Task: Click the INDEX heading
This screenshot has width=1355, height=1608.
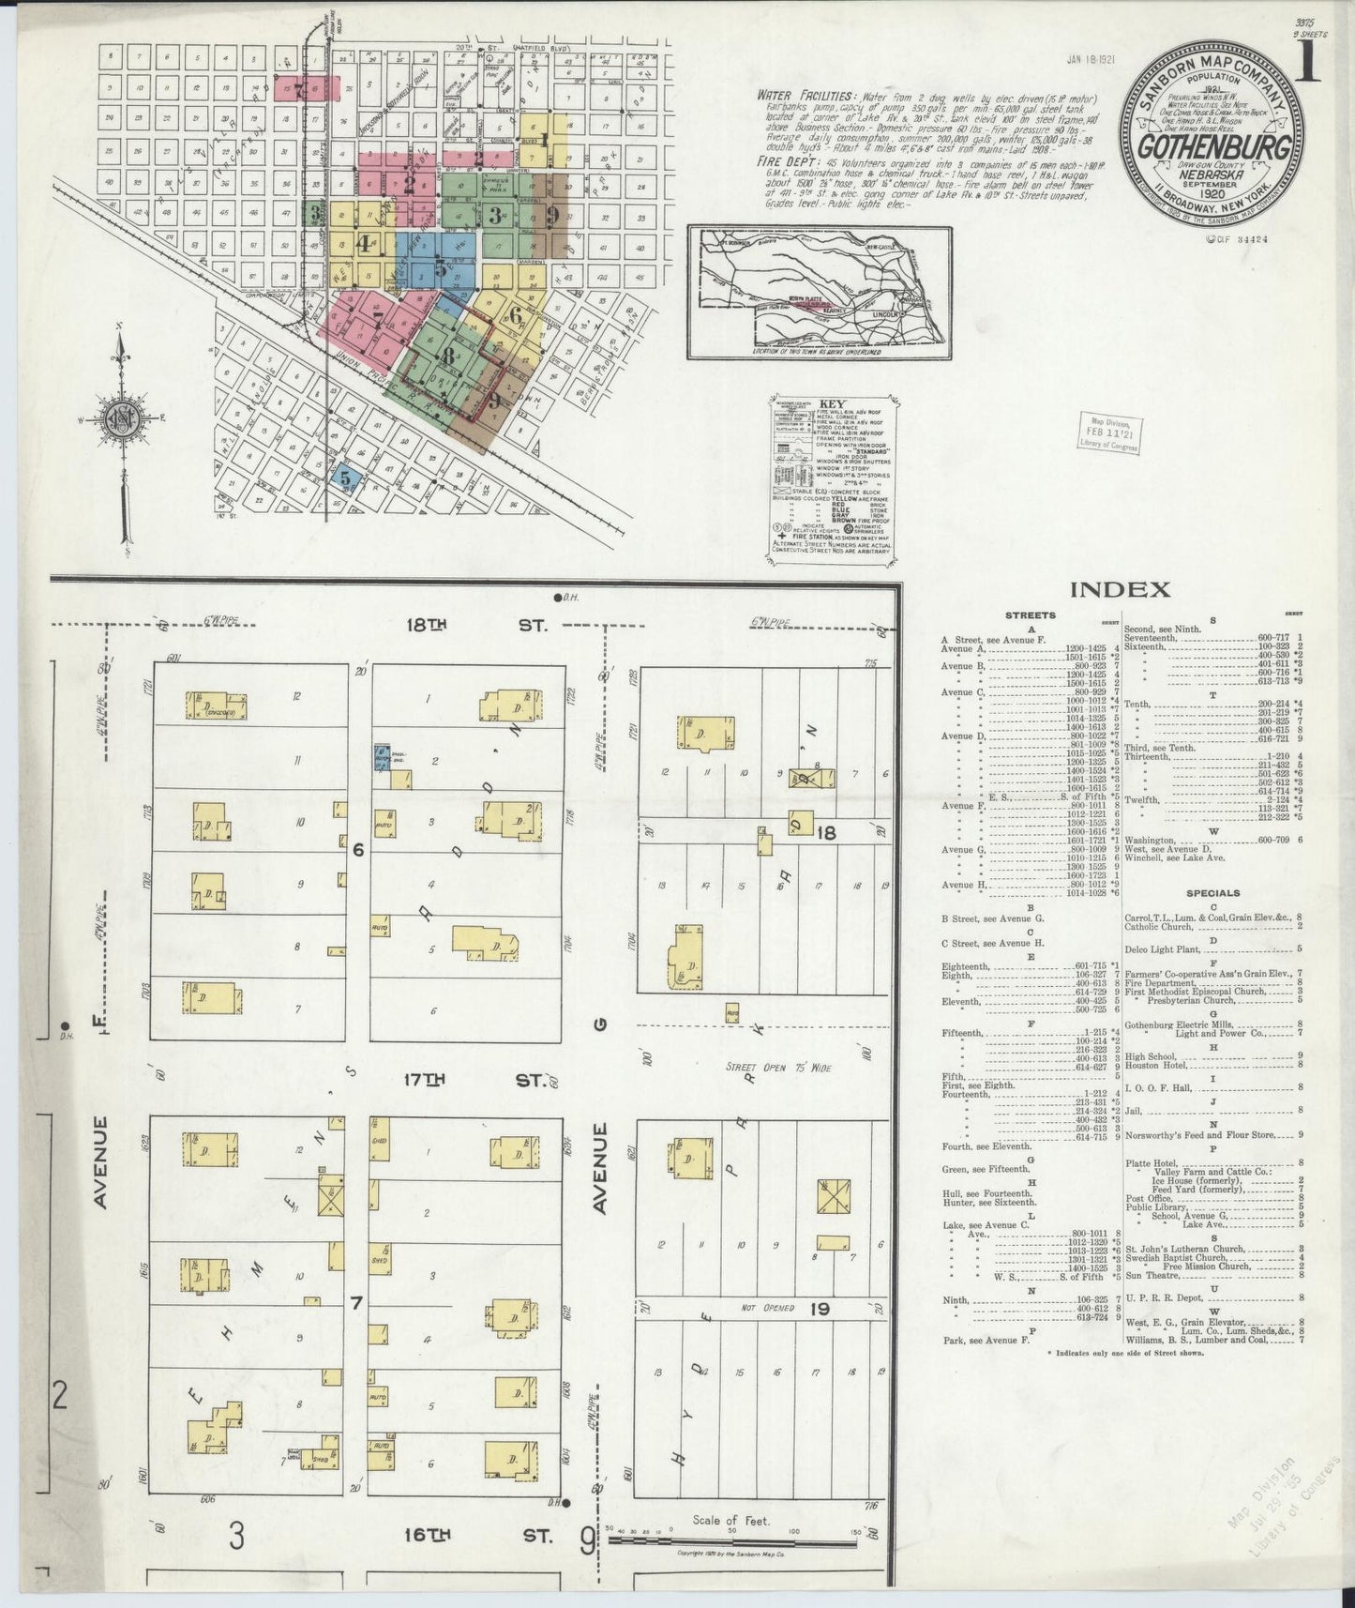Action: [x=1120, y=590]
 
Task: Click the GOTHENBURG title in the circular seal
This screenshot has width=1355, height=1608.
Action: [x=1214, y=149]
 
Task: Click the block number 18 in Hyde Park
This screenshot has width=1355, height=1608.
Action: [x=825, y=832]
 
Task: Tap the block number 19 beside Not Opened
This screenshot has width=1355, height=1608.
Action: [x=820, y=1308]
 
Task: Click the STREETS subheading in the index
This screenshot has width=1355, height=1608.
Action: [x=1030, y=615]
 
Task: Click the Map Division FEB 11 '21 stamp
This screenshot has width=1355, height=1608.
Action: [x=1109, y=432]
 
